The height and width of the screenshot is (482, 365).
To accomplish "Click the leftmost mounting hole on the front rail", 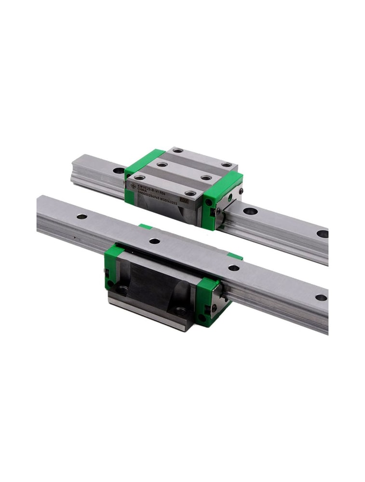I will (82, 216).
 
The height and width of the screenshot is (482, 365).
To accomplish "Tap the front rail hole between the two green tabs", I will (154, 241).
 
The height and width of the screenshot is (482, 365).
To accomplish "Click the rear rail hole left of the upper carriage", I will (118, 170).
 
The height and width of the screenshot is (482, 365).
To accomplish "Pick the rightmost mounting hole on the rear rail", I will (322, 234).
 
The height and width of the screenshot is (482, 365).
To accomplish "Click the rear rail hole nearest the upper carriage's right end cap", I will (250, 211).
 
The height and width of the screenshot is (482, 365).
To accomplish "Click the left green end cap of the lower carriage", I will (112, 265).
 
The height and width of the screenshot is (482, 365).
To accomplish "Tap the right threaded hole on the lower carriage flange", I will (182, 311).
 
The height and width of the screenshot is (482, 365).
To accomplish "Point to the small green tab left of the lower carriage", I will (145, 226).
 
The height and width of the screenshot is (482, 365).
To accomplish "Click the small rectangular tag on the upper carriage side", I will (183, 200).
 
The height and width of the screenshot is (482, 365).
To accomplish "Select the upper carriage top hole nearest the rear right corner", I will (226, 165).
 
